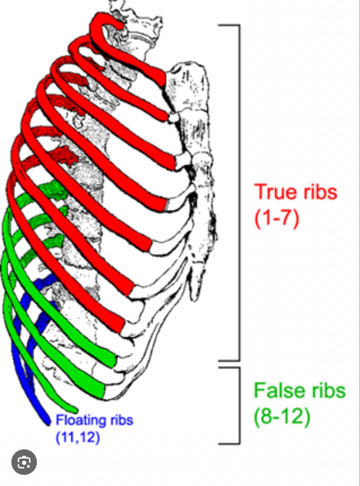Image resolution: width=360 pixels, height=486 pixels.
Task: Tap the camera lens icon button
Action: click(24, 462)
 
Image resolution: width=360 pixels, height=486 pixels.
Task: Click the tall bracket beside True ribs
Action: click(239, 192)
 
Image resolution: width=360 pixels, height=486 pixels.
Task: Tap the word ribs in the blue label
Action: click(122, 420)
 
